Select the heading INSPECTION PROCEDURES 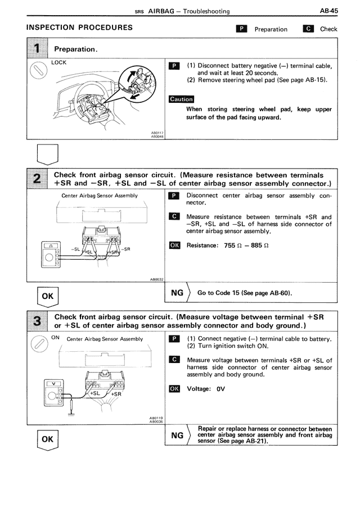pyautogui.click(x=80, y=28)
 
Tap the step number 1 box pyautogui.click(x=37, y=49)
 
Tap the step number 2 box pyautogui.click(x=37, y=179)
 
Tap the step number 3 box pyautogui.click(x=37, y=321)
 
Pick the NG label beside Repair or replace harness pyautogui.click(x=177, y=434)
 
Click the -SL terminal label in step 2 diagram pyautogui.click(x=75, y=248)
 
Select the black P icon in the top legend pyautogui.click(x=241, y=29)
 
